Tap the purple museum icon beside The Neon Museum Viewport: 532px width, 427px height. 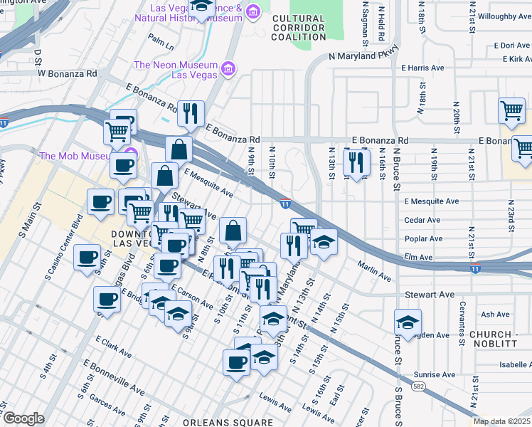click(x=228, y=68)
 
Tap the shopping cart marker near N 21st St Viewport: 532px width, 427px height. click(x=511, y=111)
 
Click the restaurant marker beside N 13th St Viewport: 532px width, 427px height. click(x=356, y=163)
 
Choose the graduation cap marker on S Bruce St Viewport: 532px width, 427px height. click(x=408, y=322)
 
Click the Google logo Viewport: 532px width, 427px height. click(x=23, y=418)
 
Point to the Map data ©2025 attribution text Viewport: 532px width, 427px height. click(x=501, y=421)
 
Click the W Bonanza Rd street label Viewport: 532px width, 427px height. click(x=67, y=73)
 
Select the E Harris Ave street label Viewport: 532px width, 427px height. click(x=423, y=68)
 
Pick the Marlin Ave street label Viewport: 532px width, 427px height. click(x=374, y=272)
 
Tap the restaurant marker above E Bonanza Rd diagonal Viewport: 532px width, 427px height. click(x=191, y=114)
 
